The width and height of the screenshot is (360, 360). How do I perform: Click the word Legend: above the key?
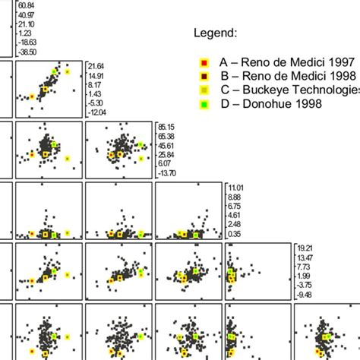click(216, 33)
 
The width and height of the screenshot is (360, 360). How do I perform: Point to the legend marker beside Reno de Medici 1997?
click(203, 62)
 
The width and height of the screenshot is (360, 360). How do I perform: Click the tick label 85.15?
click(166, 127)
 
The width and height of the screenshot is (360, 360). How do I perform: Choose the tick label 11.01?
click(235, 187)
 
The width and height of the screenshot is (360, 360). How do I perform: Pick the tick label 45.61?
click(166, 145)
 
